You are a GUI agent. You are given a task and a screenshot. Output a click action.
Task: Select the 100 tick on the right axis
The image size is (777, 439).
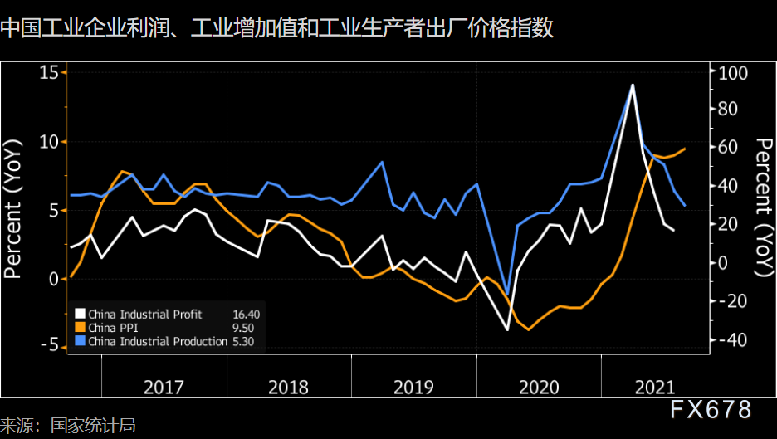click(x=733, y=73)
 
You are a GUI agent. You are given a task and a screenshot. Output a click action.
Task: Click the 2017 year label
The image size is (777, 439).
click(x=164, y=388)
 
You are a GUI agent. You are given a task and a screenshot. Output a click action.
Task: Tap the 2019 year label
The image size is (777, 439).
click(x=414, y=388)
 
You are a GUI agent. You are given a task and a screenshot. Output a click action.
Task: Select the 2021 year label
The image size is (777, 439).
click(x=655, y=388)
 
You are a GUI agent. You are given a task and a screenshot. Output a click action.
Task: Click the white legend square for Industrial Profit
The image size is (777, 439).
click(x=80, y=315)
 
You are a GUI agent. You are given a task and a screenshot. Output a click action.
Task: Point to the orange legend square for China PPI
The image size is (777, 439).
click(x=80, y=328)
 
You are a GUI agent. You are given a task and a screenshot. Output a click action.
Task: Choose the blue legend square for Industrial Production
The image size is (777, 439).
click(x=80, y=341)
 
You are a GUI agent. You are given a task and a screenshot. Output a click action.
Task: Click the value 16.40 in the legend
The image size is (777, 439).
click(x=247, y=315)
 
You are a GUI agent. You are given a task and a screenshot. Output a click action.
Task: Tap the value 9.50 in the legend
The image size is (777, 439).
click(x=243, y=328)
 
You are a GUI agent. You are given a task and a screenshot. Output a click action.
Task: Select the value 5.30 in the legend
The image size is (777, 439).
click(x=243, y=341)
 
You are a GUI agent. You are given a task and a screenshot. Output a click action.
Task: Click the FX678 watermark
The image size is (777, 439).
click(x=711, y=410)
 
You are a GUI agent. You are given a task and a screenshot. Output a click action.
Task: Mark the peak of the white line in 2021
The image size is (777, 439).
click(x=633, y=85)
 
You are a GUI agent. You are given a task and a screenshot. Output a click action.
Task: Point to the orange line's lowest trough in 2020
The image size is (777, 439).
click(x=528, y=329)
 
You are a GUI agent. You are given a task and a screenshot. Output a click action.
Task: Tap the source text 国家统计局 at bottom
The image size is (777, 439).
click(x=93, y=426)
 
